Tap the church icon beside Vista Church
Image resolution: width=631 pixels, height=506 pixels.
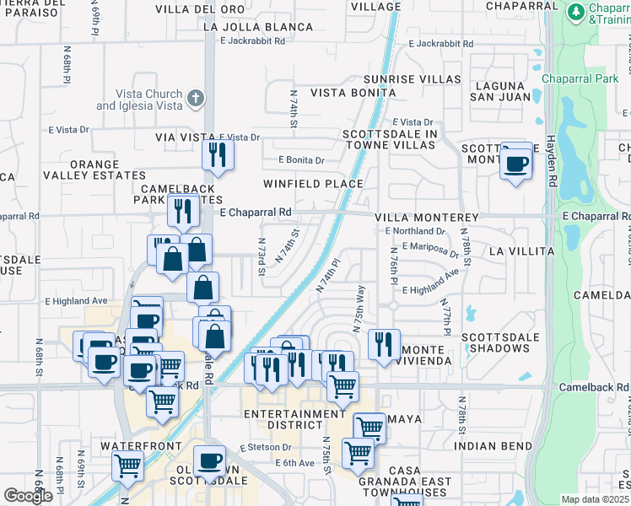click(195, 99)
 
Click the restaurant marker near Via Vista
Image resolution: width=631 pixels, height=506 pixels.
click(218, 154)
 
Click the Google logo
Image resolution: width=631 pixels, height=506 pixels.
click(28, 496)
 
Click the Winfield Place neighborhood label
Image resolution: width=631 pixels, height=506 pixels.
click(312, 183)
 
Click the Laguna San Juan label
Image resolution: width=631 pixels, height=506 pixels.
click(504, 91)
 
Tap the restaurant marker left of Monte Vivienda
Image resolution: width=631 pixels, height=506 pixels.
click(383, 344)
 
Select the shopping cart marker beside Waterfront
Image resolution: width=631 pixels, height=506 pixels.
click(127, 463)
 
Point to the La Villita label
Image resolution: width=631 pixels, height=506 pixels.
click(521, 251)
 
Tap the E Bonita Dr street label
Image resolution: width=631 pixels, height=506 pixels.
click(301, 160)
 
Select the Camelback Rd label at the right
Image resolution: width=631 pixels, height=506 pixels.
click(594, 386)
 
